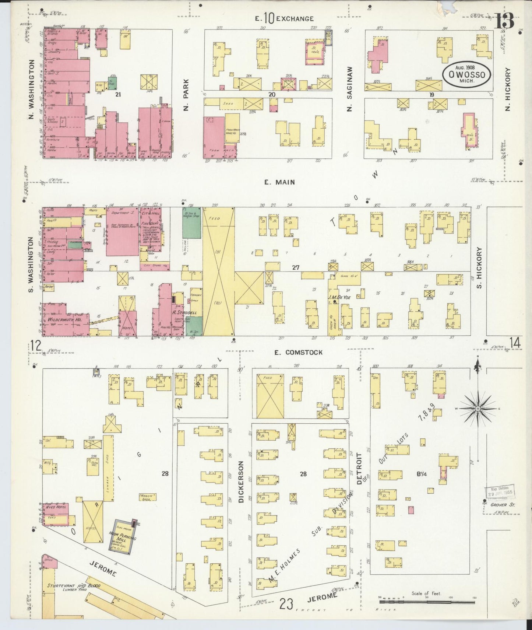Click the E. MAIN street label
tap(279, 182)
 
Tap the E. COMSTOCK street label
tap(298, 353)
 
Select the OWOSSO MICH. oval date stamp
tap(466, 75)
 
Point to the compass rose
tap(478, 409)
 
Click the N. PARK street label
tap(186, 95)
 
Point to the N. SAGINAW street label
tap(349, 89)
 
